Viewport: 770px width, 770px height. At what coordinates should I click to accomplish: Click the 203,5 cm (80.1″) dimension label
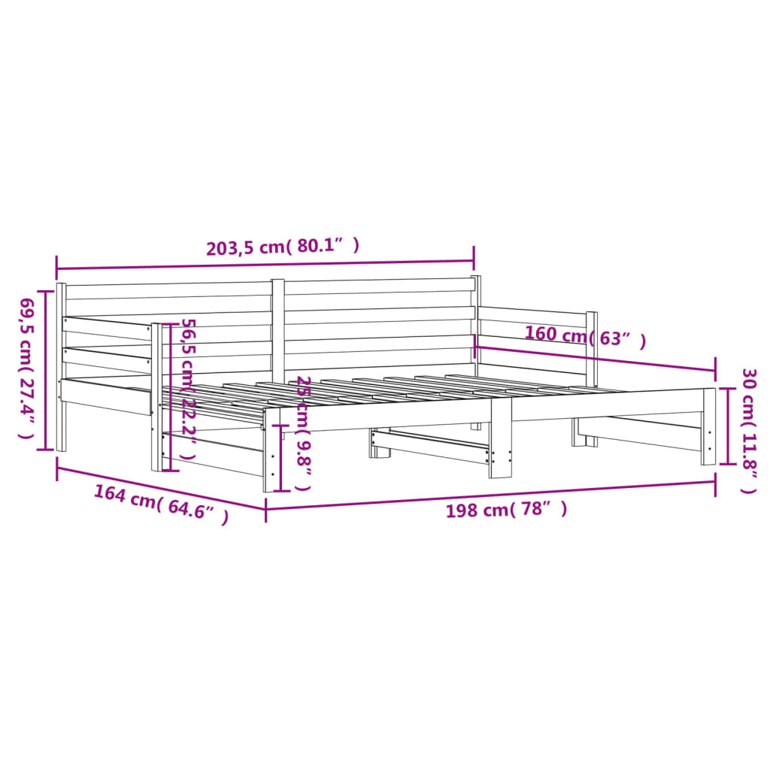283,247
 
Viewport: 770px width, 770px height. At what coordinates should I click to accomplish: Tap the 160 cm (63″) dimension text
585,337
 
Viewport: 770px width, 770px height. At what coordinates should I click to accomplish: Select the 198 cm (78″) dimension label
506,511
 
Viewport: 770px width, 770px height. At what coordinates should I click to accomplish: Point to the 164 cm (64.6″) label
161,505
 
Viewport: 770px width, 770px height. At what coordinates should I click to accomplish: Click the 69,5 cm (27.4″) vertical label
26,368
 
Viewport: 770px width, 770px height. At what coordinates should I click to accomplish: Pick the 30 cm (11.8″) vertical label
748,430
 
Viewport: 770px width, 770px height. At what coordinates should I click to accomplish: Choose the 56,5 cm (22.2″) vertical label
187,389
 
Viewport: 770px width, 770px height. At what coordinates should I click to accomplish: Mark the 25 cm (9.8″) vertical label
302,432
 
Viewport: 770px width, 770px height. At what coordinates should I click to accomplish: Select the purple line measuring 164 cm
161,488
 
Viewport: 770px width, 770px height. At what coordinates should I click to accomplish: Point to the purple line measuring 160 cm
594,358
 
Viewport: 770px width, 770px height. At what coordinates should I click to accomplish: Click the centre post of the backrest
278,331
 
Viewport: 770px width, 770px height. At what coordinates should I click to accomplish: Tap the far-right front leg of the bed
709,426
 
